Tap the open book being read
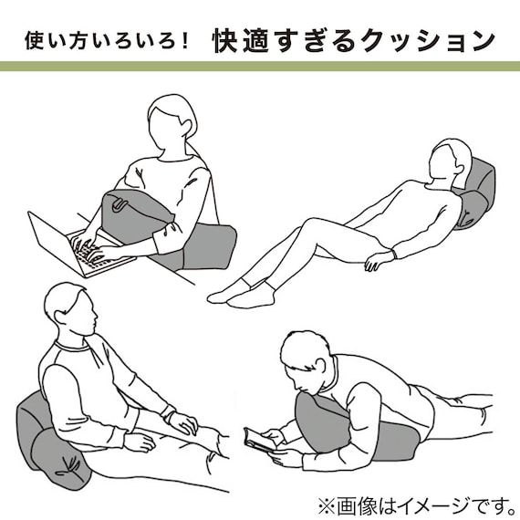[x=262, y=440]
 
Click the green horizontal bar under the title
[x=260, y=67]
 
